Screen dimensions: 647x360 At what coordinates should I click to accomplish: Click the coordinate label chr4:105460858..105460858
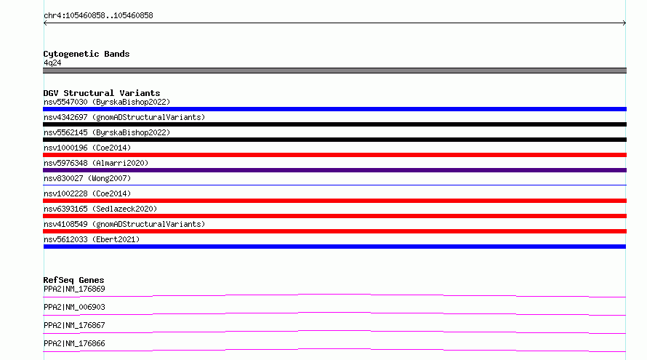click(x=98, y=16)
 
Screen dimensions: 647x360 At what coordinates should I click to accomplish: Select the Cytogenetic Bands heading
click(x=87, y=54)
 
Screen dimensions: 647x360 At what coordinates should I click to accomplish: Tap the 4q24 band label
click(x=52, y=63)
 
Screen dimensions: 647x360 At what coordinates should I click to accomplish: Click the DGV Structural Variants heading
click(x=102, y=93)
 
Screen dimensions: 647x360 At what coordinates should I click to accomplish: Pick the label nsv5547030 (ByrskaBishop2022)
click(x=107, y=102)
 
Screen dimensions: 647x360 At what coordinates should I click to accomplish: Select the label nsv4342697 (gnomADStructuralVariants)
click(x=124, y=117)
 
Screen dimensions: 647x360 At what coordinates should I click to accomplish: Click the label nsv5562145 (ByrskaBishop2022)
click(x=107, y=132)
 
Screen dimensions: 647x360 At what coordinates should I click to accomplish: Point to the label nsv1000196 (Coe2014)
click(x=87, y=148)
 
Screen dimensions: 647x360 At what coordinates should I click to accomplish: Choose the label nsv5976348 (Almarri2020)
click(x=96, y=163)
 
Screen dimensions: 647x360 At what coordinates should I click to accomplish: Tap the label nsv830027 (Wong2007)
click(x=87, y=178)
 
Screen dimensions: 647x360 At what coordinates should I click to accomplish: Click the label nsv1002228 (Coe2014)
click(x=87, y=193)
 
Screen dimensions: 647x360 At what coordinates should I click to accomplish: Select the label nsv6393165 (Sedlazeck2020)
click(x=100, y=209)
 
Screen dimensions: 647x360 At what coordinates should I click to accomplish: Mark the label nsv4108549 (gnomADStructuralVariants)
click(x=124, y=224)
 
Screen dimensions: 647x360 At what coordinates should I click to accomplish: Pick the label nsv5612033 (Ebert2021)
click(x=92, y=239)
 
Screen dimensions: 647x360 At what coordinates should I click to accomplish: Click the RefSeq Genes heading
click(x=73, y=280)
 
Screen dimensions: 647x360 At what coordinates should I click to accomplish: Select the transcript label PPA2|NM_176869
click(x=74, y=289)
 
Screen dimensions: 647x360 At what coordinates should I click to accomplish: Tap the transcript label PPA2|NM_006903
click(x=74, y=307)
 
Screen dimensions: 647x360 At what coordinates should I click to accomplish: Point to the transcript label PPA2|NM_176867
click(x=74, y=325)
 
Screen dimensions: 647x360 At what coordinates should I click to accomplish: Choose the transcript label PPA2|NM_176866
click(x=74, y=343)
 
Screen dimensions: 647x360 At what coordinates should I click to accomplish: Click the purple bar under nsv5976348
click(x=334, y=170)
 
